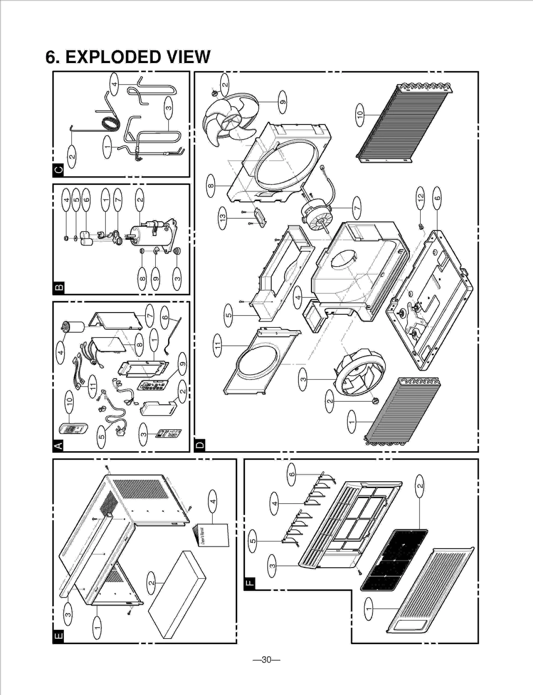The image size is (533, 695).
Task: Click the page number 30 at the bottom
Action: point(266,660)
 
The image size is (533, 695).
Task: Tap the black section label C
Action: point(58,170)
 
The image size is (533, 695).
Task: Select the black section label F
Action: point(250,583)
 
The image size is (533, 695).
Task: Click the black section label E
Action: point(58,637)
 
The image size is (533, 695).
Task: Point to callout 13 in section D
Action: point(223,218)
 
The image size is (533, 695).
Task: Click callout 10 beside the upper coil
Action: point(360,114)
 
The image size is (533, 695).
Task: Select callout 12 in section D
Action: point(420,197)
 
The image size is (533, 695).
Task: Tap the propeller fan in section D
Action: point(230,117)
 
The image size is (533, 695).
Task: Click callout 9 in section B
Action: point(156,279)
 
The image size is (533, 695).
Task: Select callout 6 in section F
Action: point(292,474)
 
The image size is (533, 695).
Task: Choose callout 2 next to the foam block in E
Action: point(151,582)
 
